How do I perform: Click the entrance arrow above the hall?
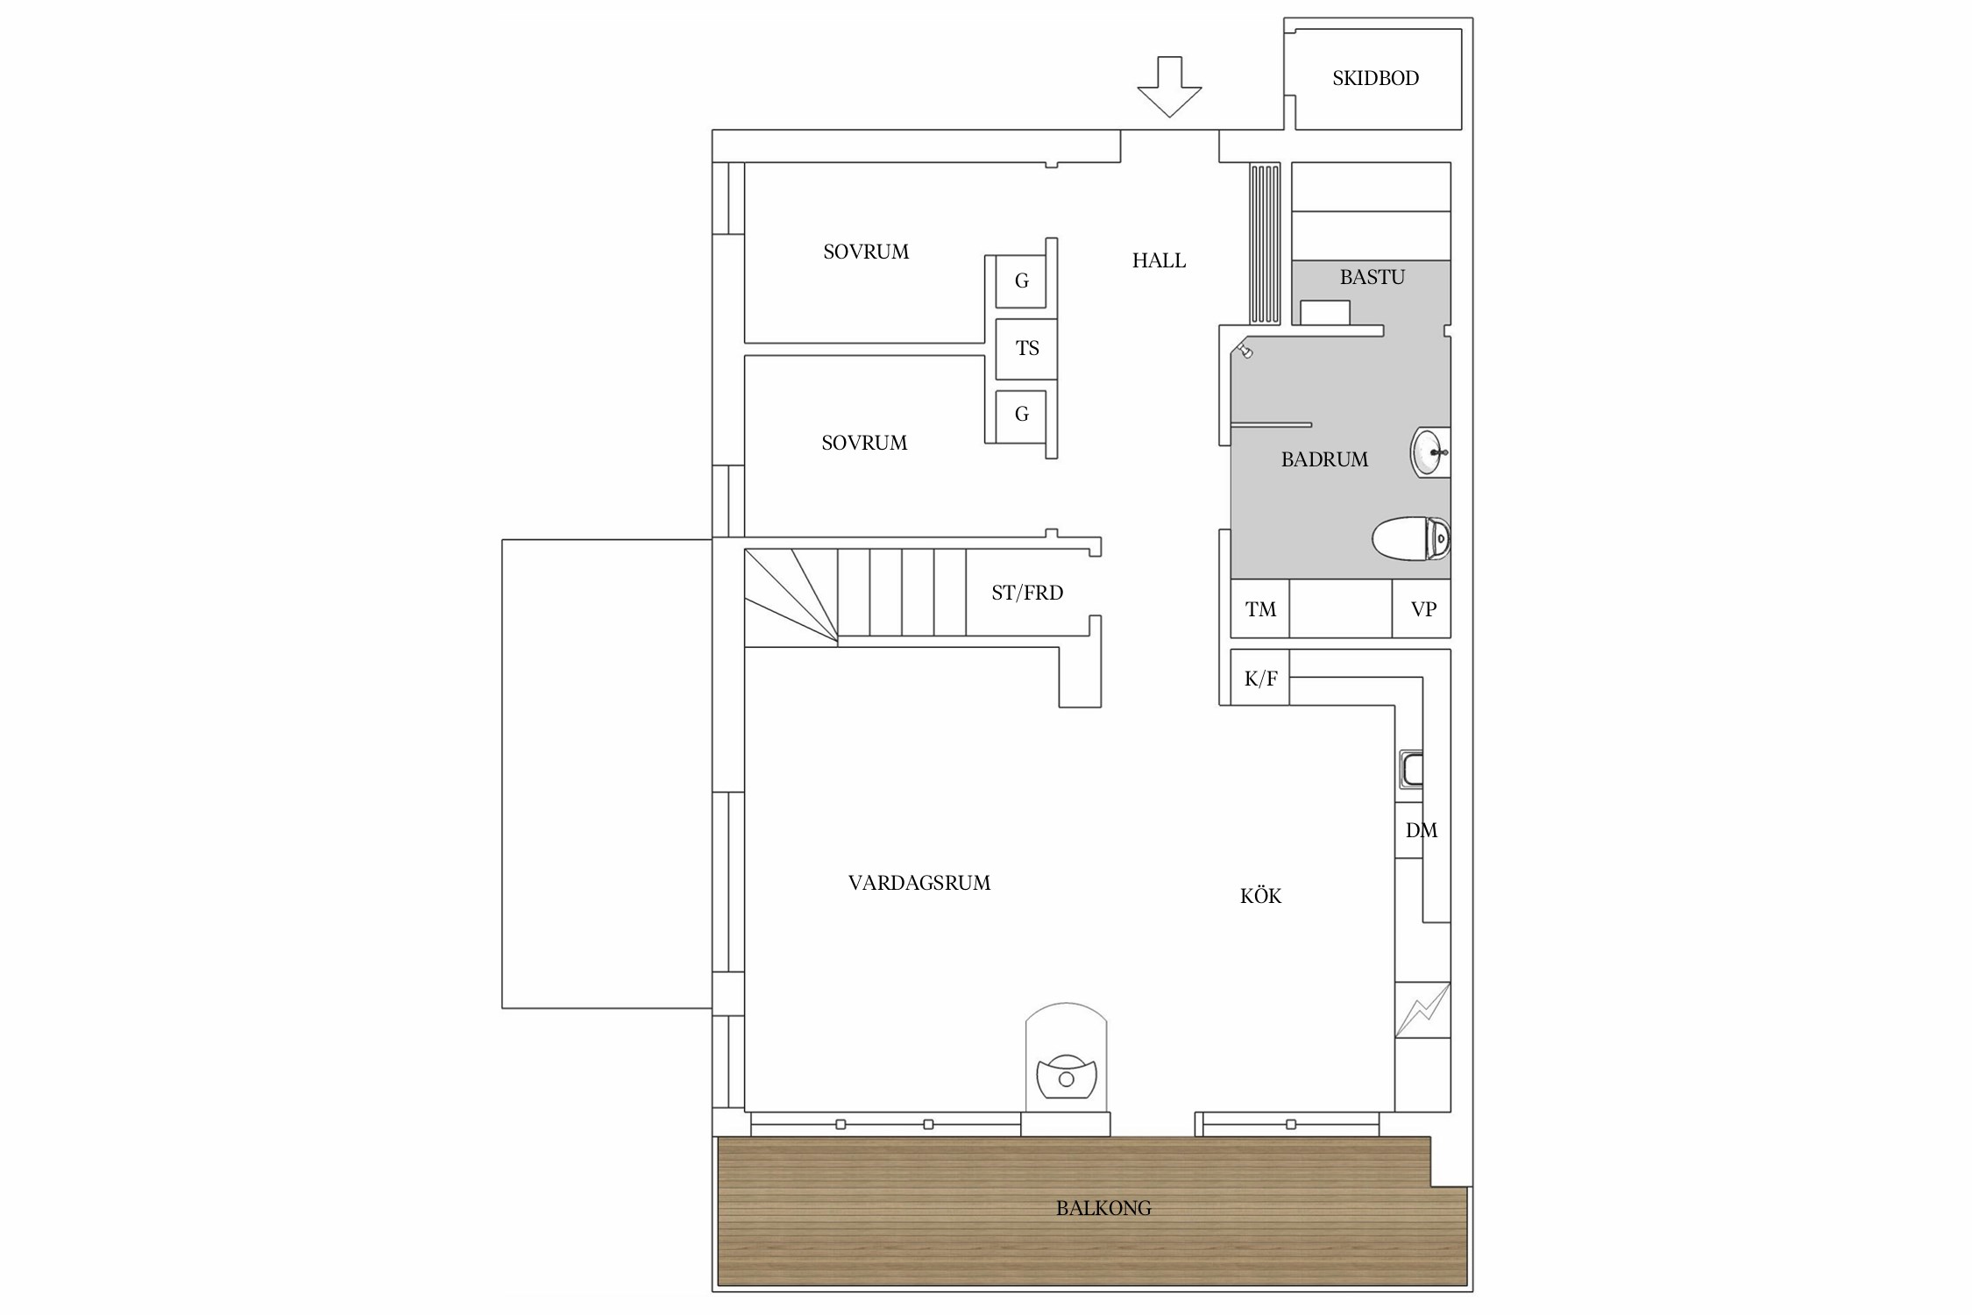tap(1169, 86)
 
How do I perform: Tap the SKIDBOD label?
tap(1375, 78)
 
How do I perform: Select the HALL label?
tap(1159, 260)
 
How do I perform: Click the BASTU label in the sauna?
tap(1372, 277)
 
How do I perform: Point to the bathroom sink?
tap(1429, 452)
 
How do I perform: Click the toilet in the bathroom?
tap(1410, 538)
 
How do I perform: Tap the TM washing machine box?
tap(1259, 608)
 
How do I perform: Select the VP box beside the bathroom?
tap(1422, 608)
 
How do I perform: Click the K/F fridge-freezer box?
tap(1259, 677)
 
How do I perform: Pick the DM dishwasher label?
tap(1421, 830)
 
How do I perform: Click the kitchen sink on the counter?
tap(1410, 769)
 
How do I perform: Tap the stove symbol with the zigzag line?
tap(1422, 1010)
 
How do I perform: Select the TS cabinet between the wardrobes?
tap(1026, 348)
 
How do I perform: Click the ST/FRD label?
tap(1027, 593)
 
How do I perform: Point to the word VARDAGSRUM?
tap(919, 883)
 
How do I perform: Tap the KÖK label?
tap(1260, 895)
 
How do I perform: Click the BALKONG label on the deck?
tap(1103, 1208)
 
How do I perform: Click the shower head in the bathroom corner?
tap(1244, 350)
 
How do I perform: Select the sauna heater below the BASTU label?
tap(1324, 312)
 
